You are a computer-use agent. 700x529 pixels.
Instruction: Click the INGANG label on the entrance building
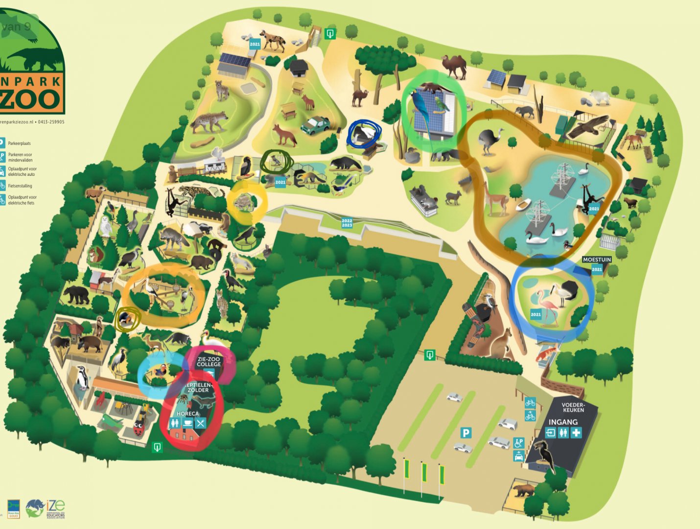coord(563,422)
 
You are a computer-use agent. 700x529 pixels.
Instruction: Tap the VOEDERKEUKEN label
coord(573,408)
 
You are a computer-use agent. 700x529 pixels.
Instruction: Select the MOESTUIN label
coord(597,260)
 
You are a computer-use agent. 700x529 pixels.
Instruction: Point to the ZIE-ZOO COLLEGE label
coord(209,362)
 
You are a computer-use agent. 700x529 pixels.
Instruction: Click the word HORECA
coord(187,414)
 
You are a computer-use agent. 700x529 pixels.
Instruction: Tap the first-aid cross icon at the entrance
coord(577,433)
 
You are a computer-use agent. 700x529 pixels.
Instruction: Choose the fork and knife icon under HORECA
coord(200,423)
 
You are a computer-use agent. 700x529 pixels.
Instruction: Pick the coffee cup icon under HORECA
coord(187,424)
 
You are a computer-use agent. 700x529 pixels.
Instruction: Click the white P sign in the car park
coord(466,433)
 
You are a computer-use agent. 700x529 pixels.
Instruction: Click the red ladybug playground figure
coord(139,430)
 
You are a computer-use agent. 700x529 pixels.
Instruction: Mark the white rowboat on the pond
coord(523,204)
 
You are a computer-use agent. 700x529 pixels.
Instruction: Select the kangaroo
coord(501,343)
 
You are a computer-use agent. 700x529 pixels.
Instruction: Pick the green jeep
coord(315,125)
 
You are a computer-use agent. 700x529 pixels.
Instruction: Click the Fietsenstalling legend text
coord(20,186)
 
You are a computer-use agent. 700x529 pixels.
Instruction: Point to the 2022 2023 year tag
coord(347,223)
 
